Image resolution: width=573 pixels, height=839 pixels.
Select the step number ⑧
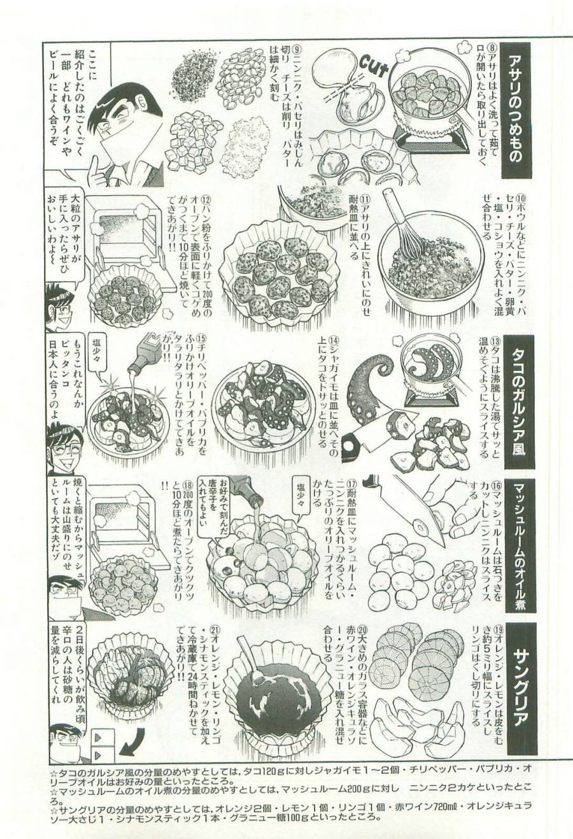(491, 48)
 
